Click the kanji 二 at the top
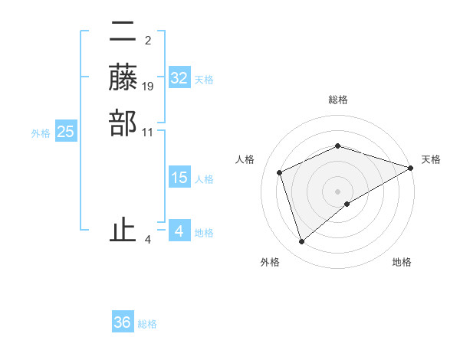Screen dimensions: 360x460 tap(123, 33)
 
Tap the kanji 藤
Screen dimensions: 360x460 tap(123, 77)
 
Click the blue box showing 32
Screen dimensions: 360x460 tap(179, 78)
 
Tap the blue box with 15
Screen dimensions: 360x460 tap(179, 178)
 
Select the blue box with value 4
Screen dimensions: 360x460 tap(179, 231)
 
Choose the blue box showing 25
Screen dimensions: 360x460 tap(66, 132)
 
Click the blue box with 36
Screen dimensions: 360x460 tap(123, 322)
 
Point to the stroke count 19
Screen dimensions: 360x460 tap(149, 87)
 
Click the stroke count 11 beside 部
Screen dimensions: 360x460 tap(149, 132)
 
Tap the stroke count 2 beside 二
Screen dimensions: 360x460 tap(148, 41)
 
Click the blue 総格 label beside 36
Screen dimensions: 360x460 tap(147, 324)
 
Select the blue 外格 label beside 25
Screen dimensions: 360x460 tap(41, 133)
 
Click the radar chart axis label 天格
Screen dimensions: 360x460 tap(431, 159)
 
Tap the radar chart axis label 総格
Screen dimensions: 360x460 tap(338, 100)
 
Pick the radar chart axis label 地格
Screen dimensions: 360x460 tap(402, 263)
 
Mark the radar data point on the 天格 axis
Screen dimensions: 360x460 tap(411, 168)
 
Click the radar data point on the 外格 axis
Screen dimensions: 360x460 tap(302, 242)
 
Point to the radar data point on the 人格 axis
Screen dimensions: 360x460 tap(280, 172)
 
